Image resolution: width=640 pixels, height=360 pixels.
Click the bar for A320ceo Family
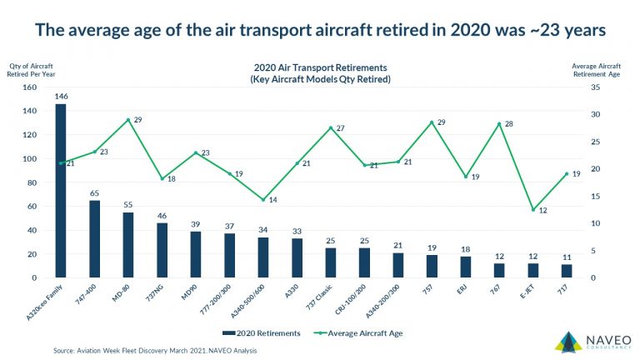(x=61, y=192)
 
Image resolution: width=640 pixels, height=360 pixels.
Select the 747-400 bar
(x=95, y=239)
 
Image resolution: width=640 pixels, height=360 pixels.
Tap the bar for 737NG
(x=162, y=250)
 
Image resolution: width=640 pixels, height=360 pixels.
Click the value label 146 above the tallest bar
(x=61, y=97)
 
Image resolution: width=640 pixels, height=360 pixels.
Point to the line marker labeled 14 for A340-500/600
(x=263, y=200)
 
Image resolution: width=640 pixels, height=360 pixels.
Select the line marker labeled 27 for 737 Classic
(x=331, y=128)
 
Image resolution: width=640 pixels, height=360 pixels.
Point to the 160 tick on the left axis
(x=31, y=87)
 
